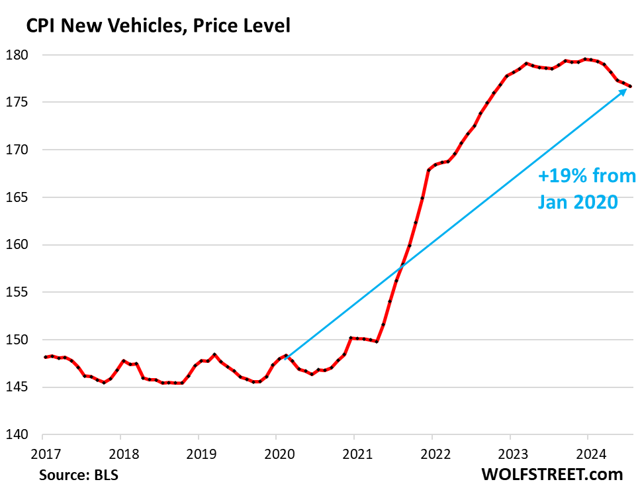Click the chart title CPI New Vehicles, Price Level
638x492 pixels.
[158, 26]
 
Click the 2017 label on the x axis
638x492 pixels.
[42, 454]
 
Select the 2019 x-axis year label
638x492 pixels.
[199, 454]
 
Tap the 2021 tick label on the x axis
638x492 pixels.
[354, 454]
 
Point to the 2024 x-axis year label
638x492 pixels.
[588, 454]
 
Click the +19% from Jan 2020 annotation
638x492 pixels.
[586, 189]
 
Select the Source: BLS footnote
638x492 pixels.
[75, 475]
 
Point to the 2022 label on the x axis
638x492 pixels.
[432, 454]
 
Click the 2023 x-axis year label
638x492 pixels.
[510, 454]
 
